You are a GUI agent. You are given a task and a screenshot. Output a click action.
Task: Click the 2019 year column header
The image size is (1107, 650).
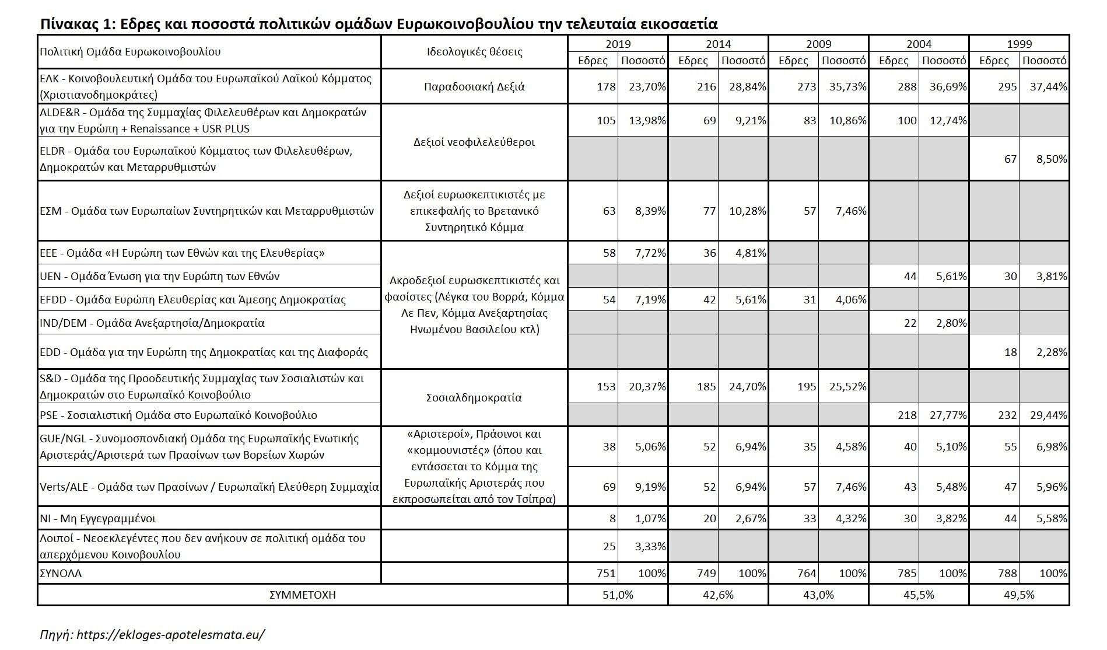(618, 44)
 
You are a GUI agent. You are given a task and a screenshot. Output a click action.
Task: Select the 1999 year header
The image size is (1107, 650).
(1019, 44)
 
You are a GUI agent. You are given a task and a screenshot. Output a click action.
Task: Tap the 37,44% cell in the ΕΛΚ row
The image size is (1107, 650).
(1045, 87)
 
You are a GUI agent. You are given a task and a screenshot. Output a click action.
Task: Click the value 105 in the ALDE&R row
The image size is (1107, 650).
(607, 121)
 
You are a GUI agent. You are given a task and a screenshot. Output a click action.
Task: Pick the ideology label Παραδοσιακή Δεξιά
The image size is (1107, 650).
(474, 87)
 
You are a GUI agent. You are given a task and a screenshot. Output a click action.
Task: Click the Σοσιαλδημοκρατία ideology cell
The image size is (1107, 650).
(474, 398)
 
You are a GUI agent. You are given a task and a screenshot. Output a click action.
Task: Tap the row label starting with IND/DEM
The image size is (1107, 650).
(152, 323)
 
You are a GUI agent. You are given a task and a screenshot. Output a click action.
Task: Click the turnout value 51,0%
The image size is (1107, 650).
(618, 595)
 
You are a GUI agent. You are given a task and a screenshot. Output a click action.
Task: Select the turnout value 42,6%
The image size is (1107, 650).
(718, 595)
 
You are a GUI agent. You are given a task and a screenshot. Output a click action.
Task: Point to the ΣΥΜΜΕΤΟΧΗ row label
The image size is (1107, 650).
(302, 595)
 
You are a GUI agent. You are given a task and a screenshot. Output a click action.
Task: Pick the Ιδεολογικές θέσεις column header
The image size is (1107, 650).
(474, 52)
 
